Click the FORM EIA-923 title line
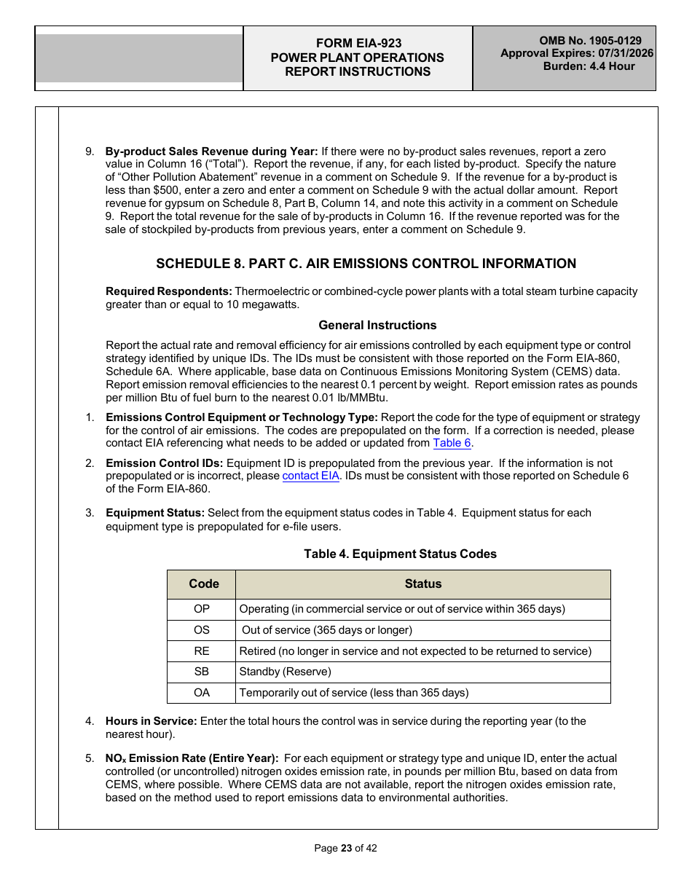pos(358,44)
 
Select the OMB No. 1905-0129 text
pos(590,42)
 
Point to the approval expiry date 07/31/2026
pos(624,54)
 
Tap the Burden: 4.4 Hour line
pos(589,66)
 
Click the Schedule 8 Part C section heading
pos(366,264)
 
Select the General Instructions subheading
pos(377,326)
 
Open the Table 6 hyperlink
pos(452,443)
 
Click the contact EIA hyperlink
pos(311,476)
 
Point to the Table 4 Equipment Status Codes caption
pos(400,554)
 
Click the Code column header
pos(203,584)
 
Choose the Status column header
pos(422,584)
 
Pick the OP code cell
pos(202,609)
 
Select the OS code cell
pos(202,630)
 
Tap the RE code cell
pos(202,651)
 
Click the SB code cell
pos(202,672)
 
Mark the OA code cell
pos(202,693)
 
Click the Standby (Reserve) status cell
pos(285,672)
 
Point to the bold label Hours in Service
pos(151,721)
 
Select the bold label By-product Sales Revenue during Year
pos(211,152)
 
